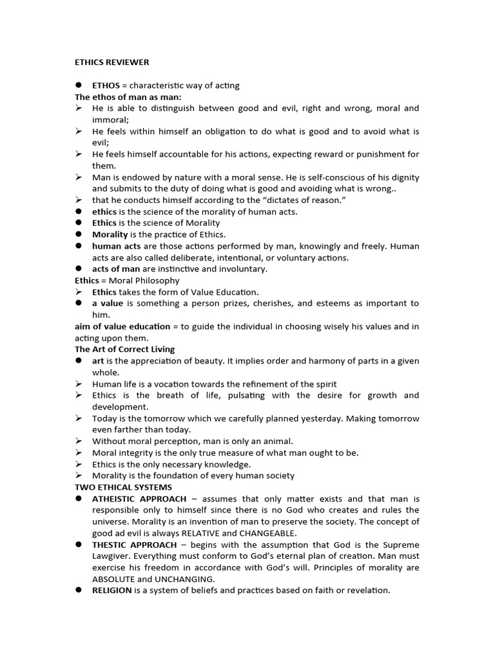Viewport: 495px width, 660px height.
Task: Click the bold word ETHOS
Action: coord(106,86)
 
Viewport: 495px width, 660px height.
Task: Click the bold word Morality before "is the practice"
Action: coord(111,235)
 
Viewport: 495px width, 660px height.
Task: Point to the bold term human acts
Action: coord(115,246)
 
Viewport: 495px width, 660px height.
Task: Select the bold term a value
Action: coord(107,304)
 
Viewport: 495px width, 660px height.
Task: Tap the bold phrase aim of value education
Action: coord(122,327)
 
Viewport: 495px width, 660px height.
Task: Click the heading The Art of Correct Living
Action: coord(124,349)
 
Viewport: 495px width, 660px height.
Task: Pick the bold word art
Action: coord(98,361)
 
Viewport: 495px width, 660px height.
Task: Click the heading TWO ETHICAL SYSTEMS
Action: coord(123,487)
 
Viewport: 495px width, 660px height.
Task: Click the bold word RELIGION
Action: coord(112,590)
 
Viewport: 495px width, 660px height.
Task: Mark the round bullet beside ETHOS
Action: coord(78,86)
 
